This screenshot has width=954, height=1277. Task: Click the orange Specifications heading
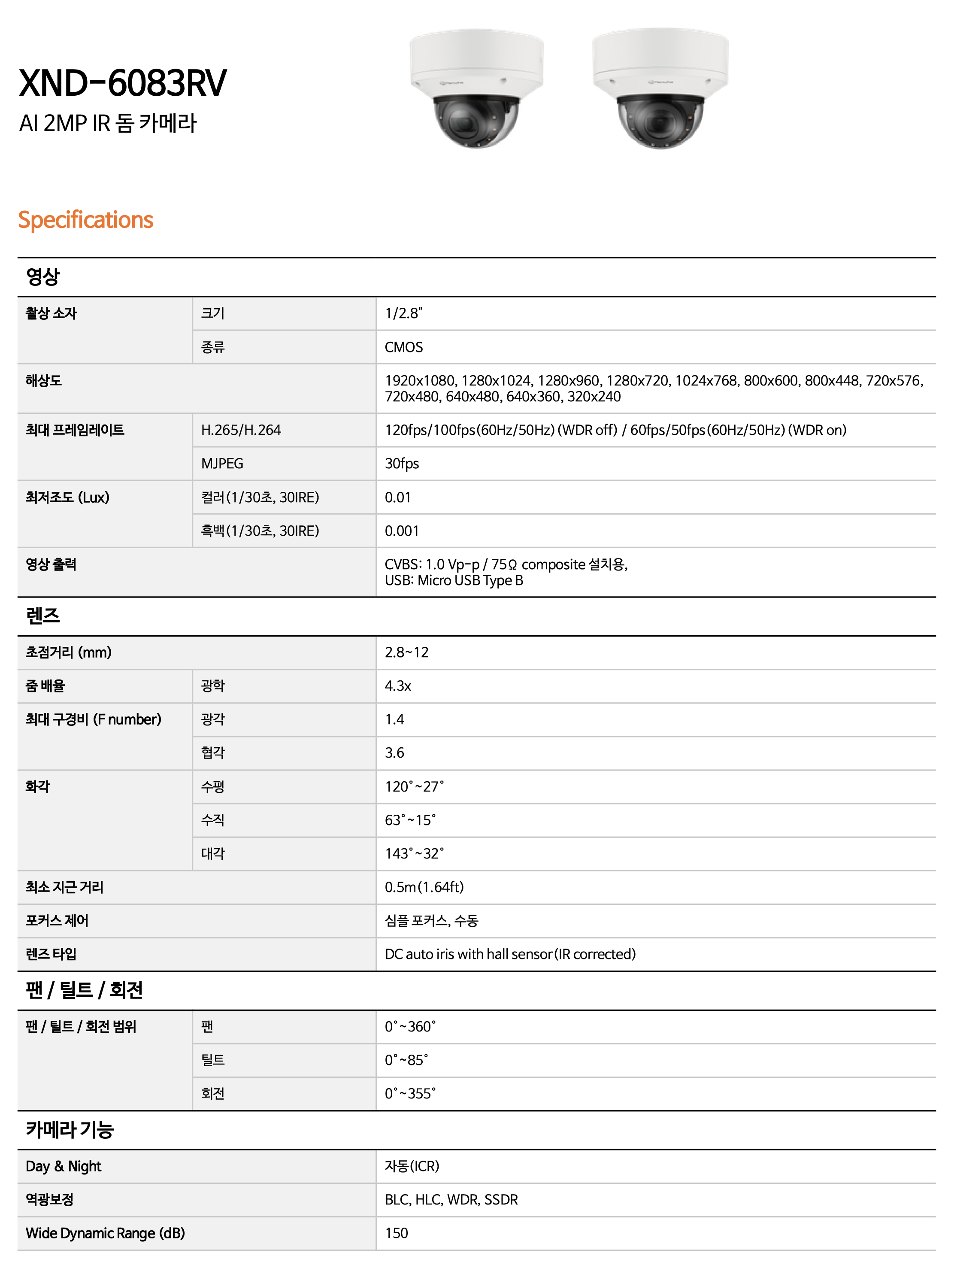point(85,220)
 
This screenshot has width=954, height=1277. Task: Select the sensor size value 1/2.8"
point(403,313)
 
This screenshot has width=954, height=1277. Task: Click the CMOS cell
point(403,347)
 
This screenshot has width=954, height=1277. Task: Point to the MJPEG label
point(222,464)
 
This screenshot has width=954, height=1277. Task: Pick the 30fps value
point(402,464)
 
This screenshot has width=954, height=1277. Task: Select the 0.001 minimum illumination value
point(402,531)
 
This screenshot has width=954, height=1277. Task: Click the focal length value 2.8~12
point(406,652)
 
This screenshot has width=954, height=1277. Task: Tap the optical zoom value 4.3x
point(398,686)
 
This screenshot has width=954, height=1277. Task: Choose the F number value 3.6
point(394,753)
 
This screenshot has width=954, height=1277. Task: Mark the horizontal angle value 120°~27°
point(415,786)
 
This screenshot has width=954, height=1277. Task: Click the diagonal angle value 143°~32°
point(415,853)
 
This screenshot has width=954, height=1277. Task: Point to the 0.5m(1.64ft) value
point(424,887)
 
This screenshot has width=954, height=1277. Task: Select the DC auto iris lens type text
point(510,954)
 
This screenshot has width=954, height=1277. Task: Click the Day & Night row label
point(64,1166)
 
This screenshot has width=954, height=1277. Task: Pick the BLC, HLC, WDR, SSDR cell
point(451,1200)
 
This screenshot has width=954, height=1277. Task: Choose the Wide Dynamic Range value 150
point(397,1233)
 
